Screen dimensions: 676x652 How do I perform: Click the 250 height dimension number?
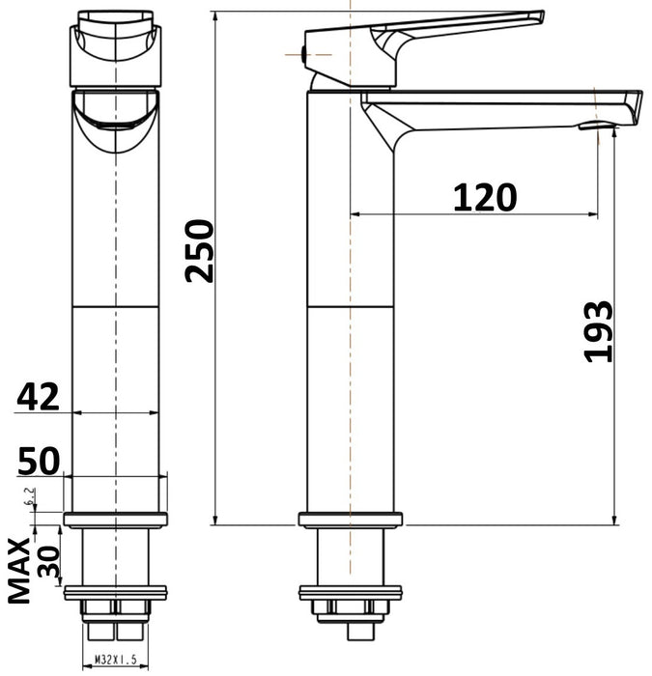(x=200, y=251)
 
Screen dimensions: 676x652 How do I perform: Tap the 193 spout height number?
(x=600, y=331)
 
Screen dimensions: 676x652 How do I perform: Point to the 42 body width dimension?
(x=38, y=396)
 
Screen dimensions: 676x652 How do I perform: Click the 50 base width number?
(x=38, y=461)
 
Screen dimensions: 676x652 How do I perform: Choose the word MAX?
(x=20, y=571)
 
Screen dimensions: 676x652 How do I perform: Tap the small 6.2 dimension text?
(x=31, y=498)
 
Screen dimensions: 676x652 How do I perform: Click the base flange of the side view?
(x=349, y=520)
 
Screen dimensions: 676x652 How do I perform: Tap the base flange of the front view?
(x=116, y=520)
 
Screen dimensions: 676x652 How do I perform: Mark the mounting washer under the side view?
(x=349, y=592)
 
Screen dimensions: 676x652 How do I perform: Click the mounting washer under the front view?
(x=116, y=592)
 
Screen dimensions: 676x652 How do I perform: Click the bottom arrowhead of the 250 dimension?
(x=214, y=520)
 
